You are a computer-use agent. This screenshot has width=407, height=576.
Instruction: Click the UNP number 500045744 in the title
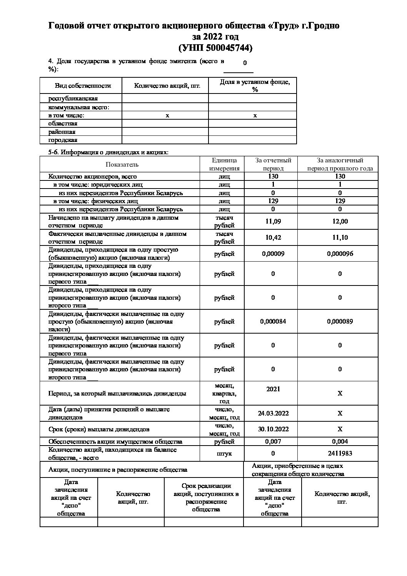point(227,48)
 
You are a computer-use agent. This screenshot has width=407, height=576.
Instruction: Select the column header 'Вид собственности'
point(83,86)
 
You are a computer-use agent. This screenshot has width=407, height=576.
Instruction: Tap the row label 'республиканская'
point(73,99)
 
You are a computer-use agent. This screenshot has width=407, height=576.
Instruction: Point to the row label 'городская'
point(63,140)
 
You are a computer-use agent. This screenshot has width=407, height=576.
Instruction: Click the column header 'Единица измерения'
point(224,164)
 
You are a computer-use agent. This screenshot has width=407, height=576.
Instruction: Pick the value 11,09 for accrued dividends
point(273,221)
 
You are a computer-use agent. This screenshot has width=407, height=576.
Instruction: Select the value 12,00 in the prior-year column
point(340,221)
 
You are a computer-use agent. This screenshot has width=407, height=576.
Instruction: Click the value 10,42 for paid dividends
point(273,237)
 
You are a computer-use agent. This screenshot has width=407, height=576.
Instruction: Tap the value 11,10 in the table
point(340,237)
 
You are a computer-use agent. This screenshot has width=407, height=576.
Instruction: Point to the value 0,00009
point(273,254)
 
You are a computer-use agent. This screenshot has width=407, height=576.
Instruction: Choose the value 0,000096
point(340,254)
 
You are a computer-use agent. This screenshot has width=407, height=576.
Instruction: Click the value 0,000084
point(273,321)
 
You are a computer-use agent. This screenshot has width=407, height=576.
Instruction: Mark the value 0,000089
point(340,321)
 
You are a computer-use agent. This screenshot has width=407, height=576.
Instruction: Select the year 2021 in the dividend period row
point(273,389)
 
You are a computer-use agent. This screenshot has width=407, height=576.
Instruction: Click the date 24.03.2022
point(273,413)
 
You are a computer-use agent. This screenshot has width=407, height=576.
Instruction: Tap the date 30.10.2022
point(273,429)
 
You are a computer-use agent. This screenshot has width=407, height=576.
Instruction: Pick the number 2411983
point(340,453)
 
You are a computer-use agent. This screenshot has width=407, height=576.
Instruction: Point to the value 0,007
point(273,441)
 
